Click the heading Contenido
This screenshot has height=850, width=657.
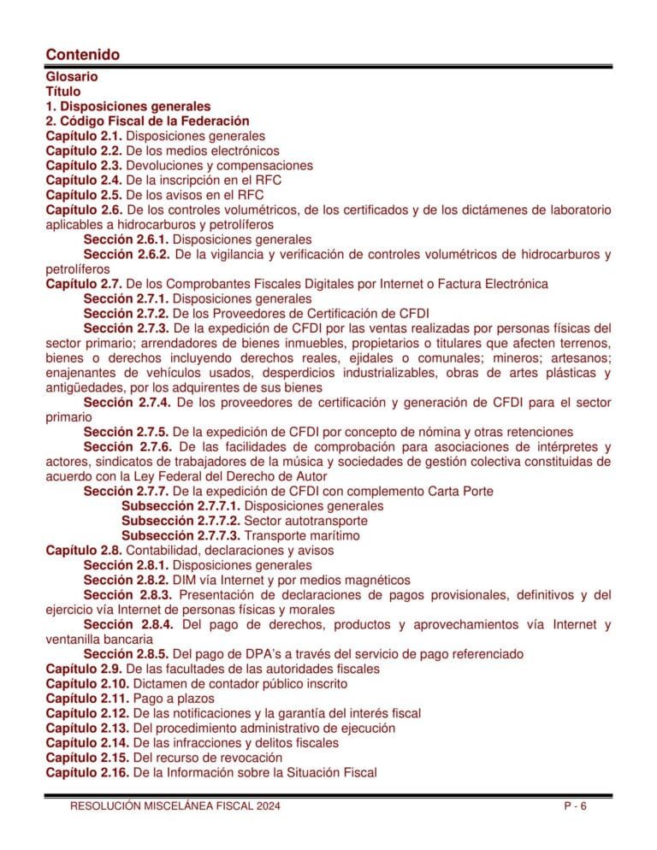pyautogui.click(x=82, y=55)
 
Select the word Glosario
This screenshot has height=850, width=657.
pyautogui.click(x=72, y=77)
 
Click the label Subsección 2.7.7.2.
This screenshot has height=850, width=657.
pyautogui.click(x=181, y=521)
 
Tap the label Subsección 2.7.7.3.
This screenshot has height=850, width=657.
pyautogui.click(x=181, y=535)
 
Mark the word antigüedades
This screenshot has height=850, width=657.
pyautogui.click(x=82, y=387)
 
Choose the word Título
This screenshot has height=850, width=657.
pyautogui.click(x=63, y=91)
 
